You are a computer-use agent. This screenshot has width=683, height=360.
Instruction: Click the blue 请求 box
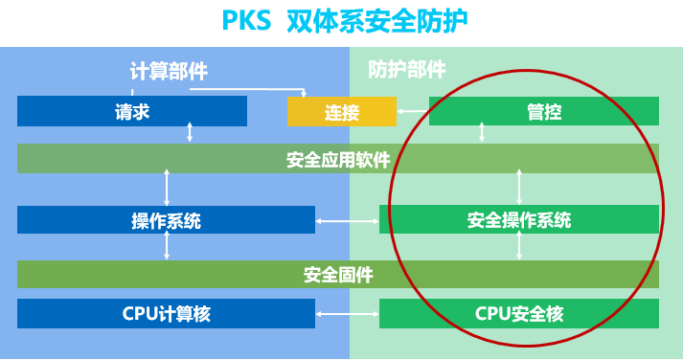pos(132,112)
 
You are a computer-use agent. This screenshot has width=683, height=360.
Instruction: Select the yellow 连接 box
pos(341,112)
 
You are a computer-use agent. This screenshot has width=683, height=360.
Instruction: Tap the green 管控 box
pos(544,112)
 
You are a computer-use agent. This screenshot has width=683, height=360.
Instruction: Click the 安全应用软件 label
pos(338,159)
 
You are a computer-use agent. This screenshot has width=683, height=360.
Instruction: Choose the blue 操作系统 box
pos(166,220)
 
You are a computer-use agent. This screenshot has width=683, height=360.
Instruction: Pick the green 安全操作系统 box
pos(519,220)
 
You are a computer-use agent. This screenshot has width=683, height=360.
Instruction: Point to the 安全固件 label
pos(338,275)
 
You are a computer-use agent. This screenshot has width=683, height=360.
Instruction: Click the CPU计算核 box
pos(166,313)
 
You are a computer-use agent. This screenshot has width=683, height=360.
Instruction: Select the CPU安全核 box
pos(519,313)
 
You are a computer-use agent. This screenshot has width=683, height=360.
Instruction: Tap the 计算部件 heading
pos(169,70)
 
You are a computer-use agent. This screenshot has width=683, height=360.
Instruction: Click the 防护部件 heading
pos(407,69)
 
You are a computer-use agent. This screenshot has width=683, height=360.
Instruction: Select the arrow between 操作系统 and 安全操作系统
pos(347,221)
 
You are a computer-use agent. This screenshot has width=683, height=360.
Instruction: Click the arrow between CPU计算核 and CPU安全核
pos(347,314)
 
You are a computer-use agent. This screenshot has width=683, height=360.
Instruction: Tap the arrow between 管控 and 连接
pos(412,111)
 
